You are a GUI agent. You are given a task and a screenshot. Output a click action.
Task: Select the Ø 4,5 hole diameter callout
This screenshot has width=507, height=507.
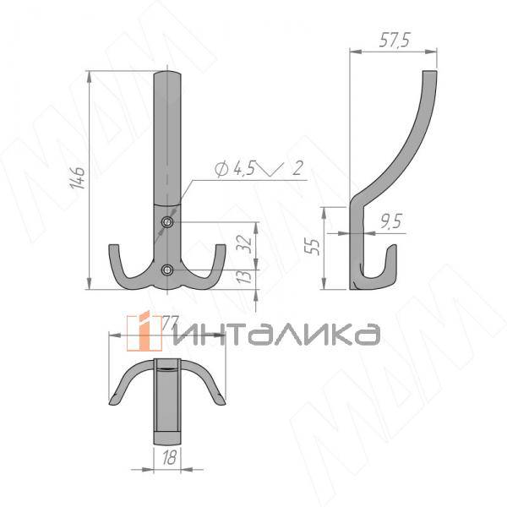click(235, 170)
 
